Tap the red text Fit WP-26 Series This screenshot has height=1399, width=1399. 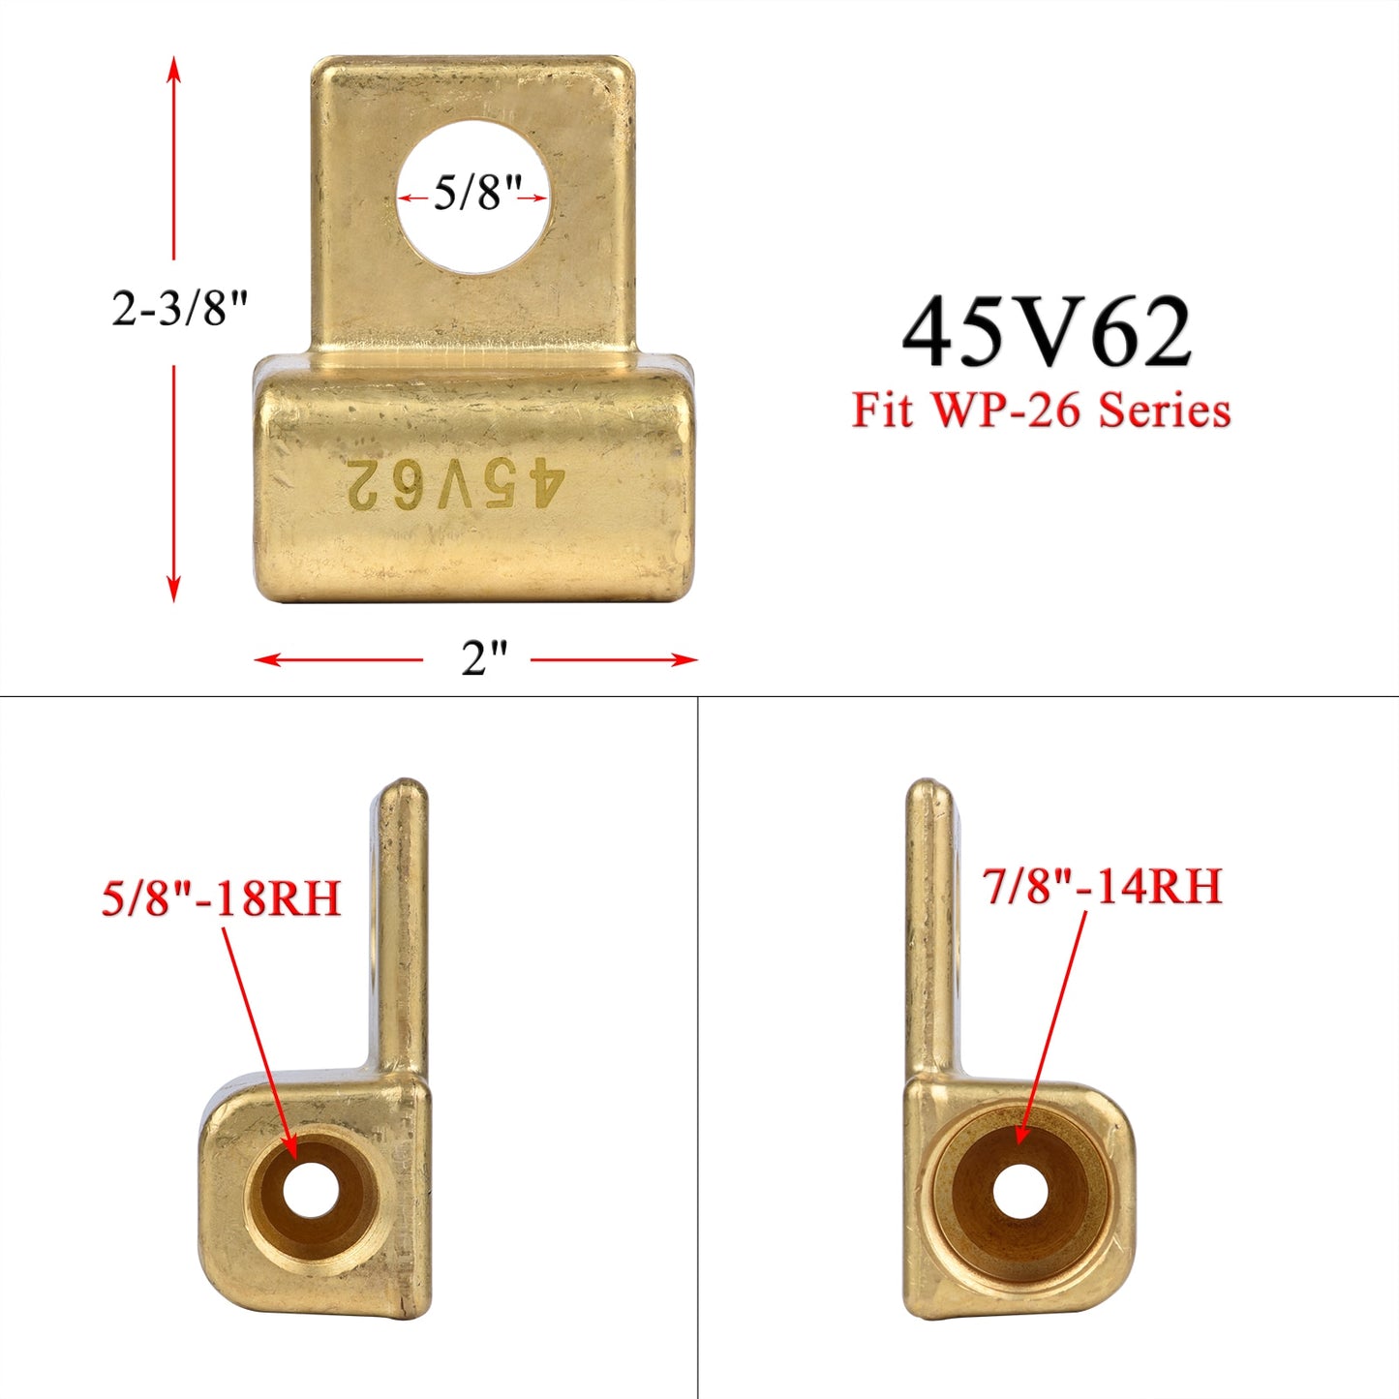click(1041, 411)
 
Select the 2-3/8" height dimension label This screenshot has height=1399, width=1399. click(180, 310)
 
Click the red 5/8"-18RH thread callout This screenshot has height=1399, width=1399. click(222, 898)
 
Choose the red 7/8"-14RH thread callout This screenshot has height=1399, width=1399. click(1103, 887)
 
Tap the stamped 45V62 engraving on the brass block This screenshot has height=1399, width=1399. click(454, 483)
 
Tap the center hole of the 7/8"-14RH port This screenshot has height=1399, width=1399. click(1019, 1192)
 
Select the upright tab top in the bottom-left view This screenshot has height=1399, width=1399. click(401, 789)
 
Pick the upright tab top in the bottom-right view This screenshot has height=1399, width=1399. click(928, 790)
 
